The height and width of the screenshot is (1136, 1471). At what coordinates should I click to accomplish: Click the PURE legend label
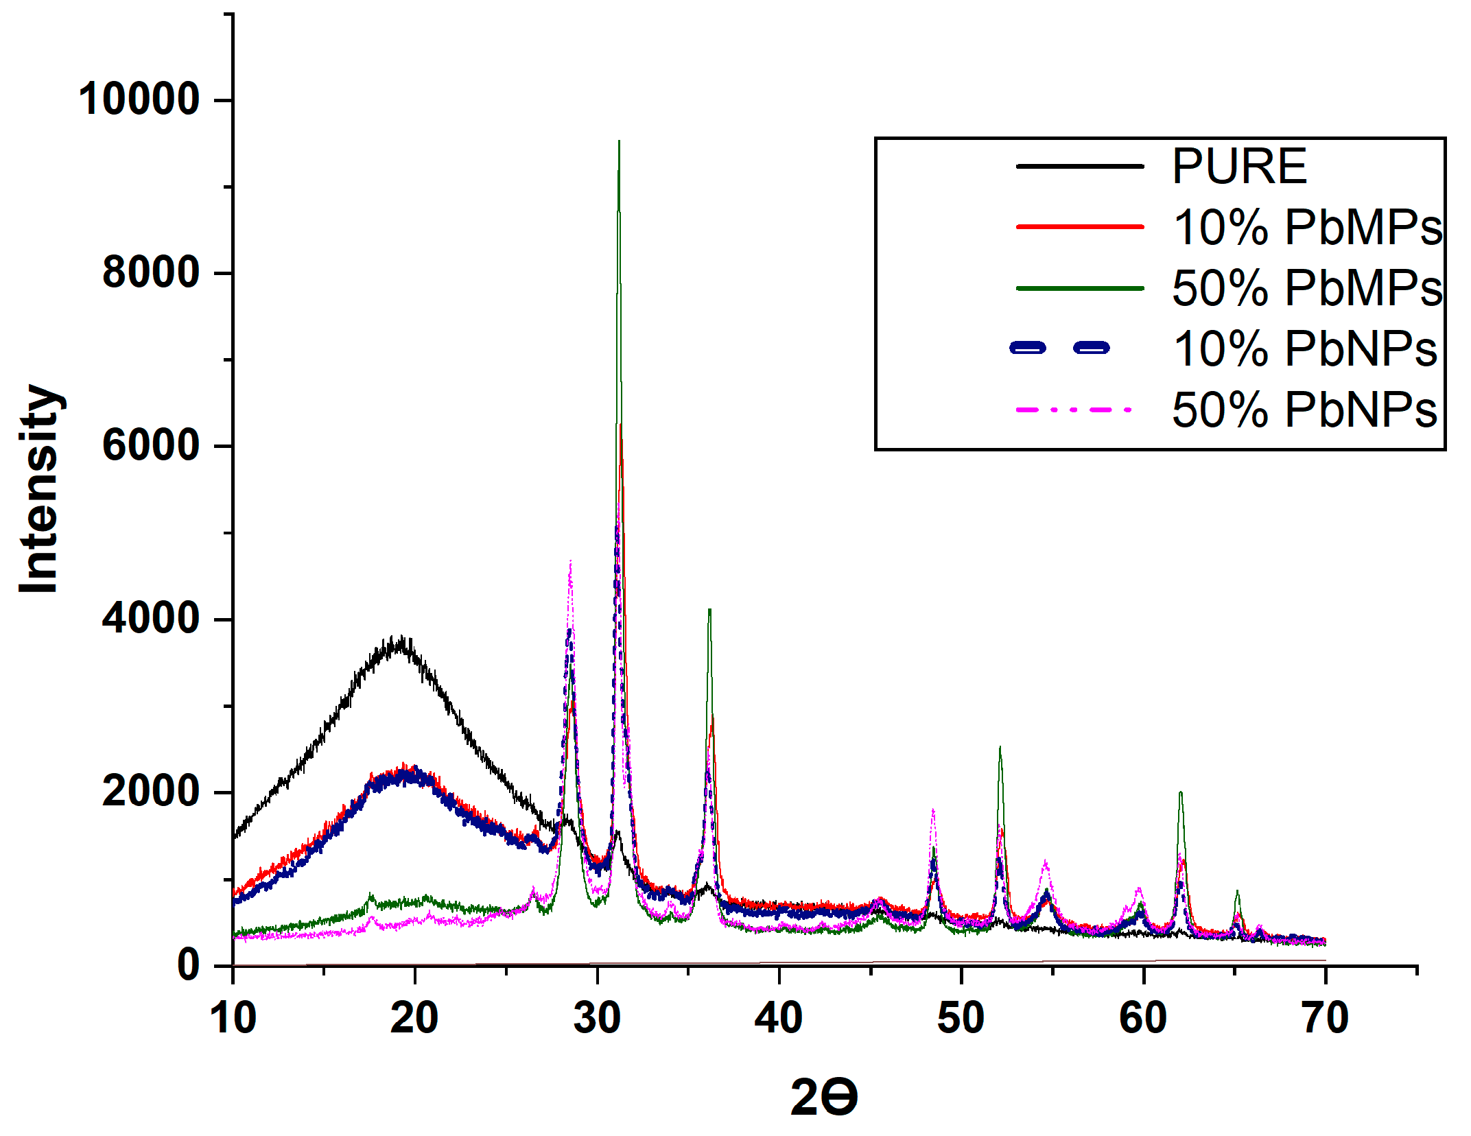tap(1238, 167)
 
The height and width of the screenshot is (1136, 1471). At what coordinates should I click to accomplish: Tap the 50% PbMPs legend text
tap(1307, 288)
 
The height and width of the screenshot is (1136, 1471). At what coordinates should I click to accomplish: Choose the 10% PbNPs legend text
tap(1304, 349)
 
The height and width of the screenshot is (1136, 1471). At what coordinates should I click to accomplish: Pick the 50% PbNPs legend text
tap(1304, 410)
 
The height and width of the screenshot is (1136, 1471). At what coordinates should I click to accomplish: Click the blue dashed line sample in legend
tap(1060, 348)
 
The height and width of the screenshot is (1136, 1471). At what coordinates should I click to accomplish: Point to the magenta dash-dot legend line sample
tap(1074, 410)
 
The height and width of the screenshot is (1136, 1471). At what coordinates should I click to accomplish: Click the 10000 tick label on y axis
tap(139, 99)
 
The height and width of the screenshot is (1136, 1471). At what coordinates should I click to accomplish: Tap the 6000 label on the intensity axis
tap(150, 445)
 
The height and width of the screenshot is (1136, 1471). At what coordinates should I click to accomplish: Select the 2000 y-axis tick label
tap(150, 792)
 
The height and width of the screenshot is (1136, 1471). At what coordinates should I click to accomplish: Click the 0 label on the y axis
tap(189, 965)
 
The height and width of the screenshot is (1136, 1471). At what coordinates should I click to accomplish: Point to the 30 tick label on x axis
tap(597, 1018)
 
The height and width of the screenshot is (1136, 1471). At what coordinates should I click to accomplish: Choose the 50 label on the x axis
tap(961, 1018)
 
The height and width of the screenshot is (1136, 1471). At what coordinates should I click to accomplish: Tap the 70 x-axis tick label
tap(1325, 1018)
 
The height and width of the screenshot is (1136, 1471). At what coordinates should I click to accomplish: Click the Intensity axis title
tap(40, 488)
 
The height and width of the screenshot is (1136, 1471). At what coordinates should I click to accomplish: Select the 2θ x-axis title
tap(823, 1097)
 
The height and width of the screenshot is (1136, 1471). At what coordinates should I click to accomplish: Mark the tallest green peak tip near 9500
tap(619, 142)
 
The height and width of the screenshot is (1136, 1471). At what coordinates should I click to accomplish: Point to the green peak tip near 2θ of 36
tap(709, 610)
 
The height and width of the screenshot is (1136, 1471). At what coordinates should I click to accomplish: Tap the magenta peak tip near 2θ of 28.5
tap(570, 561)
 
